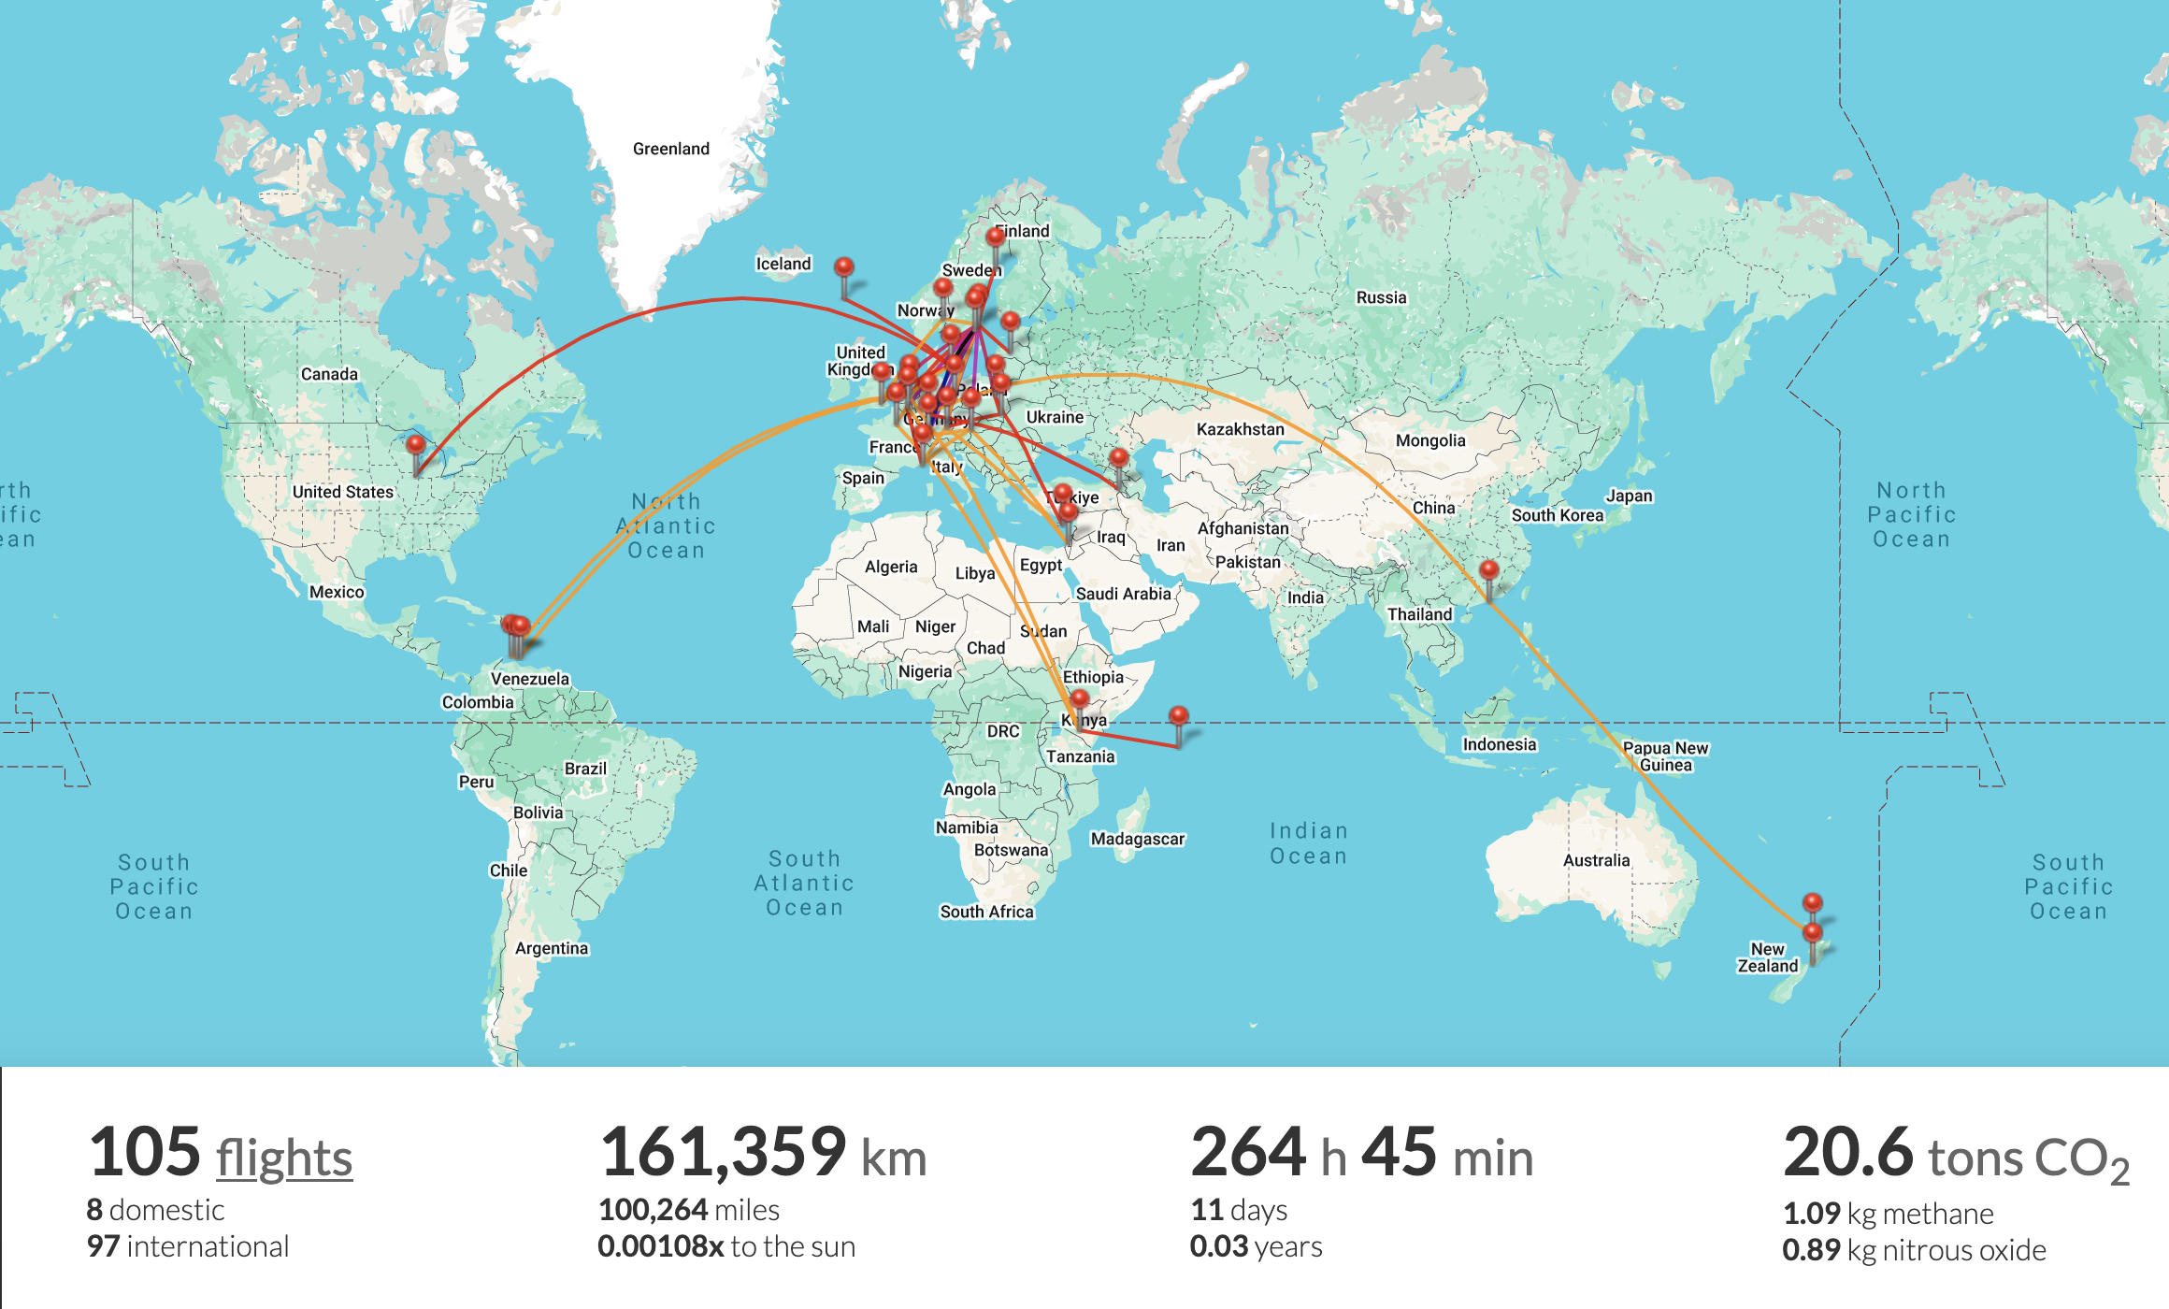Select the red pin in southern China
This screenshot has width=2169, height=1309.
pyautogui.click(x=1489, y=570)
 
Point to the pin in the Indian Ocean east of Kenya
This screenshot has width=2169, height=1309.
pyautogui.click(x=1179, y=717)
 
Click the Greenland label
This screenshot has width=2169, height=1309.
pyautogui.click(x=670, y=149)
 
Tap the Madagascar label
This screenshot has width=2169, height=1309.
pyautogui.click(x=1137, y=839)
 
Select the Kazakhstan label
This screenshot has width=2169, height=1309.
pyautogui.click(x=1240, y=429)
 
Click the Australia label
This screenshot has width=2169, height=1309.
pyautogui.click(x=1596, y=860)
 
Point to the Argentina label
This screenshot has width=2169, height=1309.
pyautogui.click(x=552, y=948)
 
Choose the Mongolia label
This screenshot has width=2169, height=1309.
pyautogui.click(x=1429, y=440)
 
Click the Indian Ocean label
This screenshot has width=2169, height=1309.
pyautogui.click(x=1308, y=843)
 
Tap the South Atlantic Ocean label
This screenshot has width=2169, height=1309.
pyautogui.click(x=804, y=883)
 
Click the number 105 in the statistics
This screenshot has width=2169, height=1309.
pyautogui.click(x=145, y=1152)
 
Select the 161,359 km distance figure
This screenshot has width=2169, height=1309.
pyautogui.click(x=763, y=1154)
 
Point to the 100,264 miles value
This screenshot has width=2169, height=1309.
pyautogui.click(x=688, y=1210)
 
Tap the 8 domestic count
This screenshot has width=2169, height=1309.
pyautogui.click(x=155, y=1210)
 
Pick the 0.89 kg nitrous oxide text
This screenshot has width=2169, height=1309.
pyautogui.click(x=1914, y=1250)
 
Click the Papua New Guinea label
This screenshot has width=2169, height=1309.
pyautogui.click(x=1665, y=755)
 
